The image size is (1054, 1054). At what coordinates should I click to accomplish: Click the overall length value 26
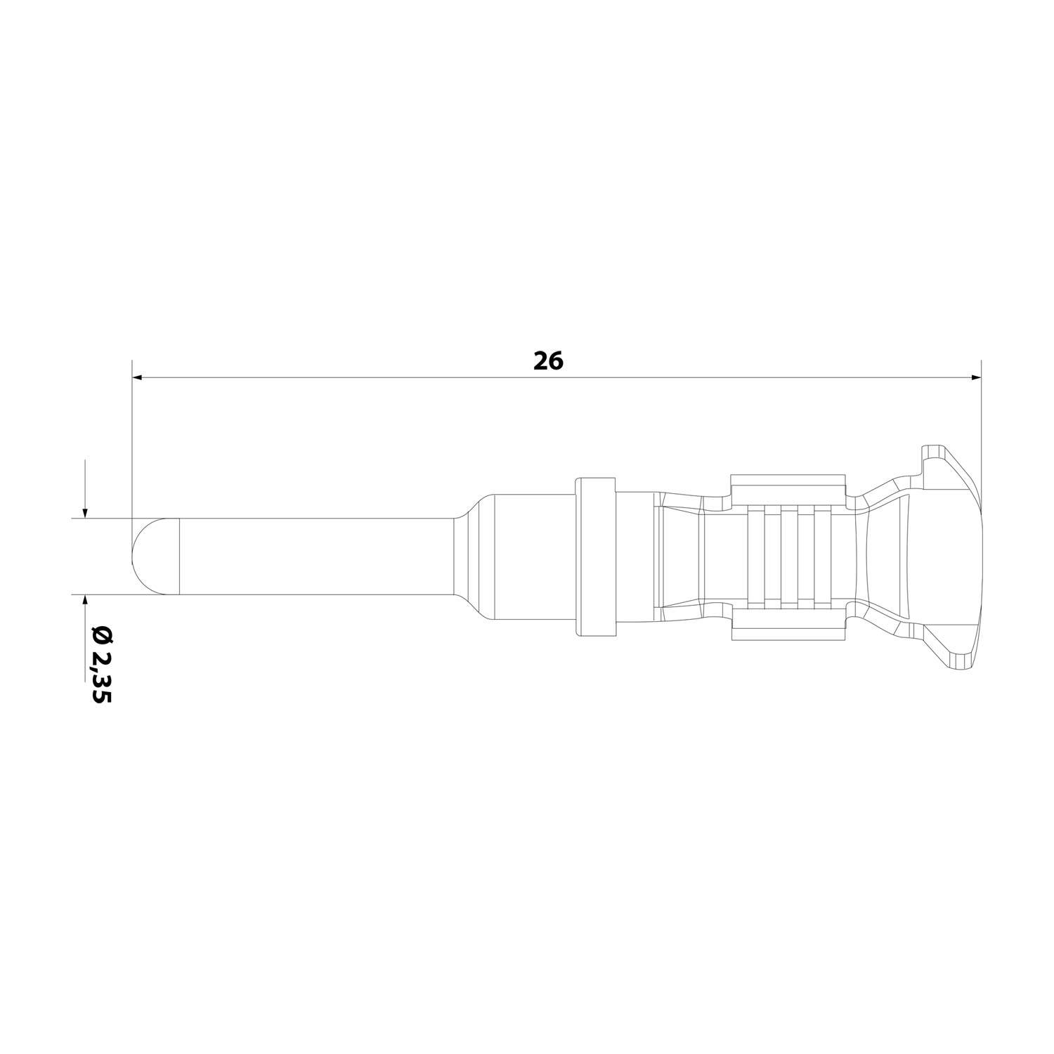coord(548,360)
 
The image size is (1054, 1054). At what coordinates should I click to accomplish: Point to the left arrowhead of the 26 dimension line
coord(138,378)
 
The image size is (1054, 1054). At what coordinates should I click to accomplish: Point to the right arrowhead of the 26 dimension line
coord(975,378)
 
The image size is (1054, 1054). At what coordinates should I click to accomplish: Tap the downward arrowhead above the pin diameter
coord(84,513)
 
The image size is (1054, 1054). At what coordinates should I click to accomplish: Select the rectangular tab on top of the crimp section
coord(787,485)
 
